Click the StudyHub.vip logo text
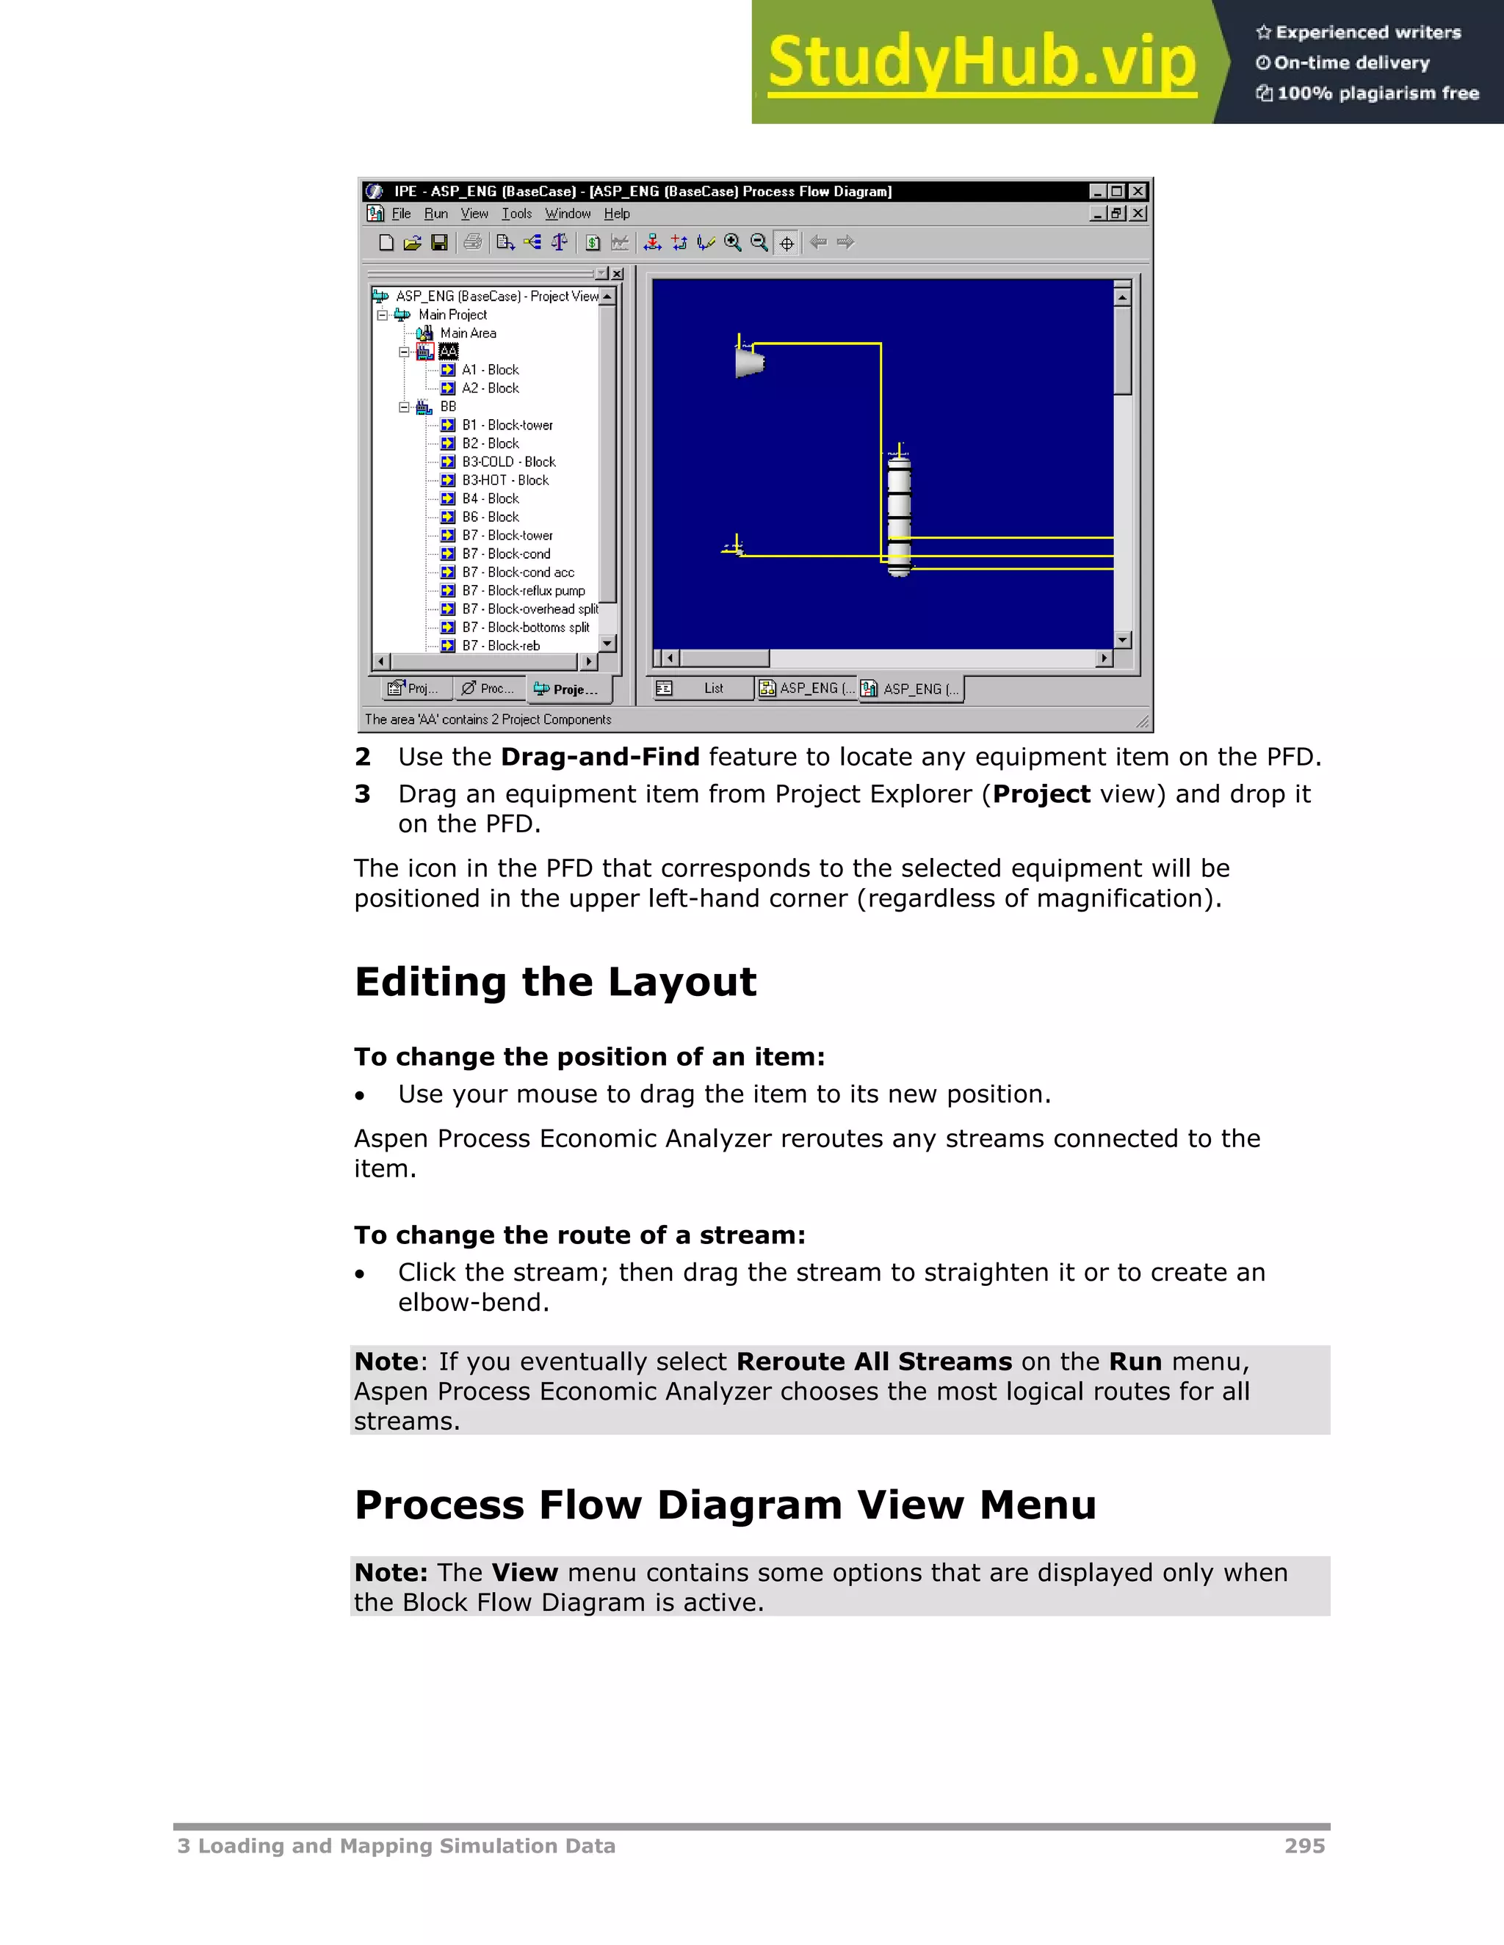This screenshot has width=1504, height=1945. [981, 62]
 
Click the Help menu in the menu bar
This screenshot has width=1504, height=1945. [617, 214]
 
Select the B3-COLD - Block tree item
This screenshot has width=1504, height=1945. [508, 462]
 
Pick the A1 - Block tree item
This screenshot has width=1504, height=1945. [490, 370]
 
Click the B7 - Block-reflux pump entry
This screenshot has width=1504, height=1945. [523, 590]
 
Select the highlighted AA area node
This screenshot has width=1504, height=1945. [448, 352]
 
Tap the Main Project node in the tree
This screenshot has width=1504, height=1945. [452, 314]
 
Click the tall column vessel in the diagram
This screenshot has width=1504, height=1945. [899, 512]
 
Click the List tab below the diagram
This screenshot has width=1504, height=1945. [713, 688]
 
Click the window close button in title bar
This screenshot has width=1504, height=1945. [1138, 192]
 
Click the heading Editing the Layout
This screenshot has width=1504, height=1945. [555, 982]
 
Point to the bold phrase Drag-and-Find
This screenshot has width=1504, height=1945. [600, 757]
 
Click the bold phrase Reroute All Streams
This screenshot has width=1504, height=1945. [874, 1361]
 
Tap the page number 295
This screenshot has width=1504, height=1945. [1304, 1846]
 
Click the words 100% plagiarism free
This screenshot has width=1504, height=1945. [1377, 93]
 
